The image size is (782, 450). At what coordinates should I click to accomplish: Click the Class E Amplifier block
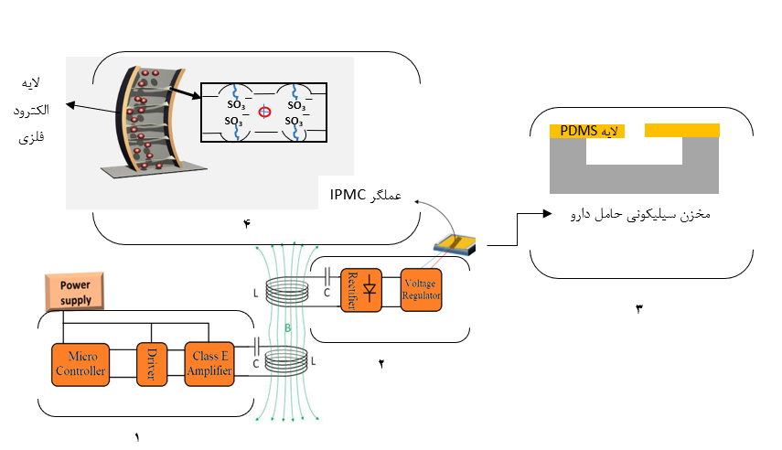coord(211,362)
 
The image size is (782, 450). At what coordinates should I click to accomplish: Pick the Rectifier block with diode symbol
coord(361,291)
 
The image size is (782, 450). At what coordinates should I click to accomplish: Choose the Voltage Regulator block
coord(421,290)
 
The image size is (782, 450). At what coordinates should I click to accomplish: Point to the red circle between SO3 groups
coord(265,112)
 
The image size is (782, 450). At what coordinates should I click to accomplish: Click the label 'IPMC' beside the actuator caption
coord(348,196)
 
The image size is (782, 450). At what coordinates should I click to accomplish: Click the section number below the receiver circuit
coord(380,363)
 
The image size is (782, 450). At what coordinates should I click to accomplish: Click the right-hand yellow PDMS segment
coord(681,131)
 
